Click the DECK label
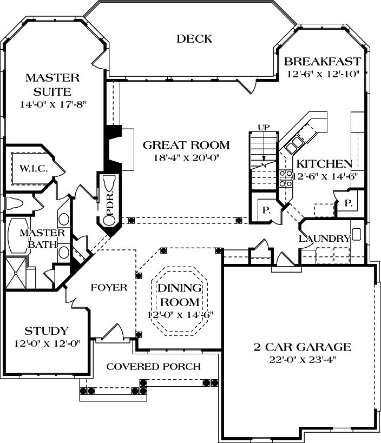tap(194, 39)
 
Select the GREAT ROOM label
tap(186, 145)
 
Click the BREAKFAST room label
tap(322, 61)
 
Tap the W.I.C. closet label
tap(34, 169)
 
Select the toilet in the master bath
tap(15, 204)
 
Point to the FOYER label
tap(109, 288)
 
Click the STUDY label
tap(47, 331)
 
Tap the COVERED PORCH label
tap(153, 367)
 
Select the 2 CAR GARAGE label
tap(303, 347)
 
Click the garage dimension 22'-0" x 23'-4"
tap(303, 360)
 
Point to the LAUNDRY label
tap(324, 239)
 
